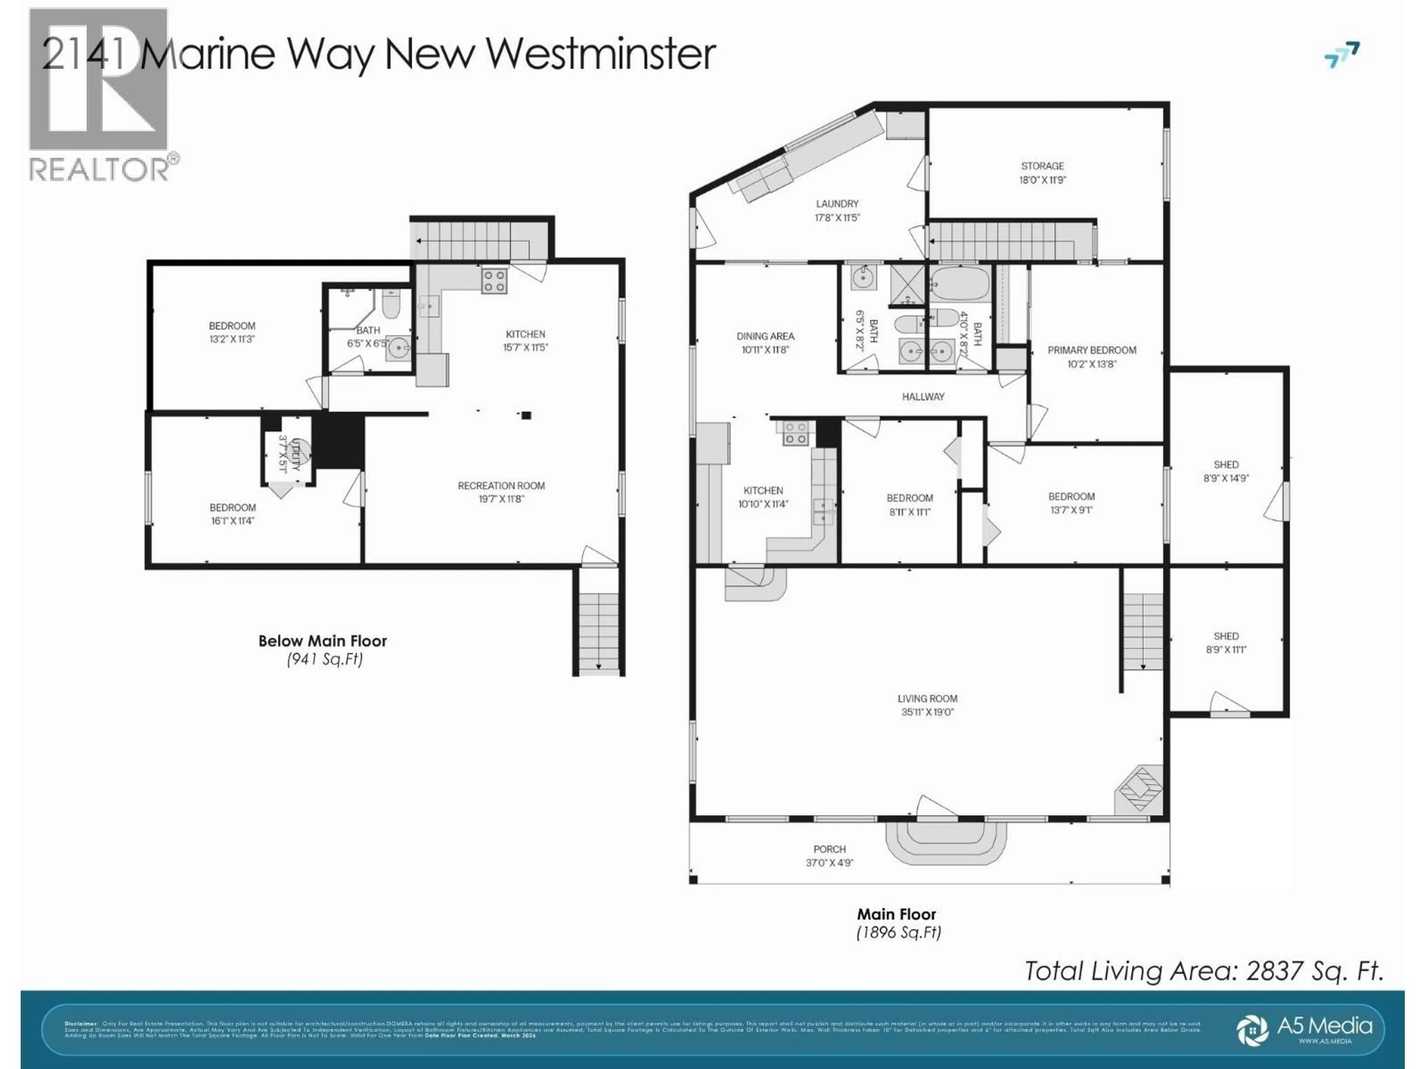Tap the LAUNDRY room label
837,204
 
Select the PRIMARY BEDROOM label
1091,350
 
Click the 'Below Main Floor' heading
322,641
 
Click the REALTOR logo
100,94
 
